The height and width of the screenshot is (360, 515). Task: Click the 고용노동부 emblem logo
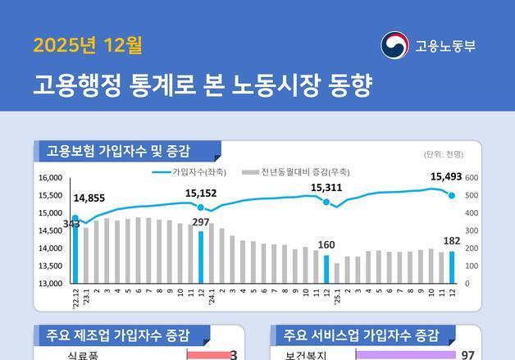tap(394, 45)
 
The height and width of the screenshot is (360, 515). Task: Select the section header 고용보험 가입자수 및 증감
tap(119, 151)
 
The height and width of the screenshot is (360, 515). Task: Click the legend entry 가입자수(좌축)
tap(191, 172)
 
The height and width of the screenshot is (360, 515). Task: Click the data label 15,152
tap(201, 194)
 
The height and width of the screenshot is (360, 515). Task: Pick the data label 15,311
tap(326, 188)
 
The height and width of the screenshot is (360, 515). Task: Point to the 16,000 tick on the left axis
tap(51, 178)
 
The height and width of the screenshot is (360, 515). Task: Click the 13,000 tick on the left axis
tap(51, 284)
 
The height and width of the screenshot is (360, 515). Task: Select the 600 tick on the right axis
tap(472, 178)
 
